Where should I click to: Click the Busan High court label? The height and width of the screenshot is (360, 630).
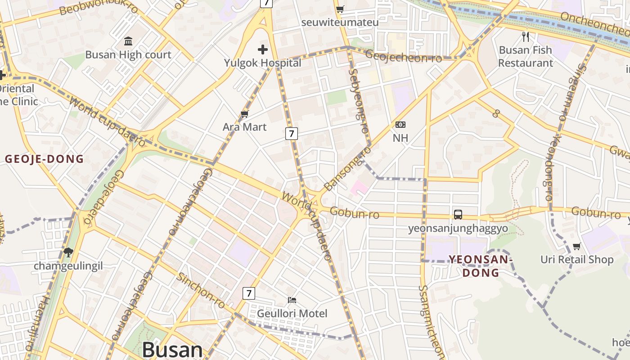(128, 55)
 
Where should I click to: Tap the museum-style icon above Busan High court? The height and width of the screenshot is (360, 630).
(128, 41)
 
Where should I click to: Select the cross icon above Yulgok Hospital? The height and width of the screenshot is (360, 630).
(263, 49)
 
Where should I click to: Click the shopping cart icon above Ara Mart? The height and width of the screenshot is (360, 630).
(245, 114)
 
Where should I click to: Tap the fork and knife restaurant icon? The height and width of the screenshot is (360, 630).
(525, 36)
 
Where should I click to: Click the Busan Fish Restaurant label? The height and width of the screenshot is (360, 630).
(525, 56)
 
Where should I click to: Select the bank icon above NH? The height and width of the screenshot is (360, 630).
(400, 125)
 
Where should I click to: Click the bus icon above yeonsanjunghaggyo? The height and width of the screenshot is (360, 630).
(458, 215)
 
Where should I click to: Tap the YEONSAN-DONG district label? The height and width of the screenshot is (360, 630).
(481, 266)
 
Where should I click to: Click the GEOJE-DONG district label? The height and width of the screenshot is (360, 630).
(45, 159)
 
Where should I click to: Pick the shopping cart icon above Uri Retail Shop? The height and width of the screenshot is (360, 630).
(576, 246)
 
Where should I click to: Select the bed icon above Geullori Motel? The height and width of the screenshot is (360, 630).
(292, 300)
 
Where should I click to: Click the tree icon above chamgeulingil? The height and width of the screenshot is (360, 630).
(68, 252)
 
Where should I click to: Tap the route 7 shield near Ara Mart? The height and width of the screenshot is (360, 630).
(292, 133)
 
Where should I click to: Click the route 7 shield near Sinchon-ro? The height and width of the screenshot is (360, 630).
(249, 293)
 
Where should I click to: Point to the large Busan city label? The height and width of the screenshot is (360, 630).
(172, 350)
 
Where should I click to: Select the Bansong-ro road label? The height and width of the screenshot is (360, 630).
(344, 168)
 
